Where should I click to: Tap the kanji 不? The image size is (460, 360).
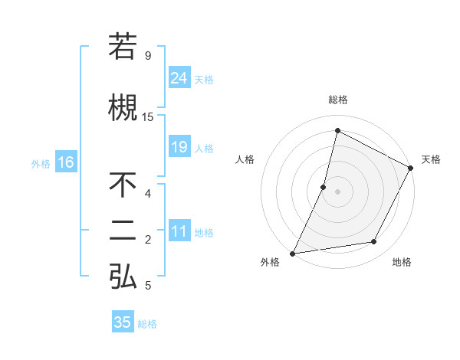[x=123, y=186]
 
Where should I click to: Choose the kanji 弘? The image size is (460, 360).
[x=123, y=277]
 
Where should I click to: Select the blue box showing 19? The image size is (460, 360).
[x=179, y=147]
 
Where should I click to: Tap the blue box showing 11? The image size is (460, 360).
[x=179, y=232]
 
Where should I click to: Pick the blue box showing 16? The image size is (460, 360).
[x=65, y=162]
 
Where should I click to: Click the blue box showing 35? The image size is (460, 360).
[x=123, y=322]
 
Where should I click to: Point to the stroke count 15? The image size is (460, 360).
[x=148, y=117]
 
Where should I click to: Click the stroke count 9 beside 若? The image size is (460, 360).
[x=148, y=56]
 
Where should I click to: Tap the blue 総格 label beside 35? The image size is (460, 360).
[x=147, y=324]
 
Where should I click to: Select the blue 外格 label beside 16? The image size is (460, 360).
[x=41, y=163]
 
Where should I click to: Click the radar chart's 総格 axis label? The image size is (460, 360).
[x=337, y=100]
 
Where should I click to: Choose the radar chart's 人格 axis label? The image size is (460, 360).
[x=245, y=159]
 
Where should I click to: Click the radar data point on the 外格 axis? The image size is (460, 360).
[x=292, y=253]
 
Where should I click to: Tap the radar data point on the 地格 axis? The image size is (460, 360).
[x=374, y=242]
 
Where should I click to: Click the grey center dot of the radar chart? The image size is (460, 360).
[x=337, y=191]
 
